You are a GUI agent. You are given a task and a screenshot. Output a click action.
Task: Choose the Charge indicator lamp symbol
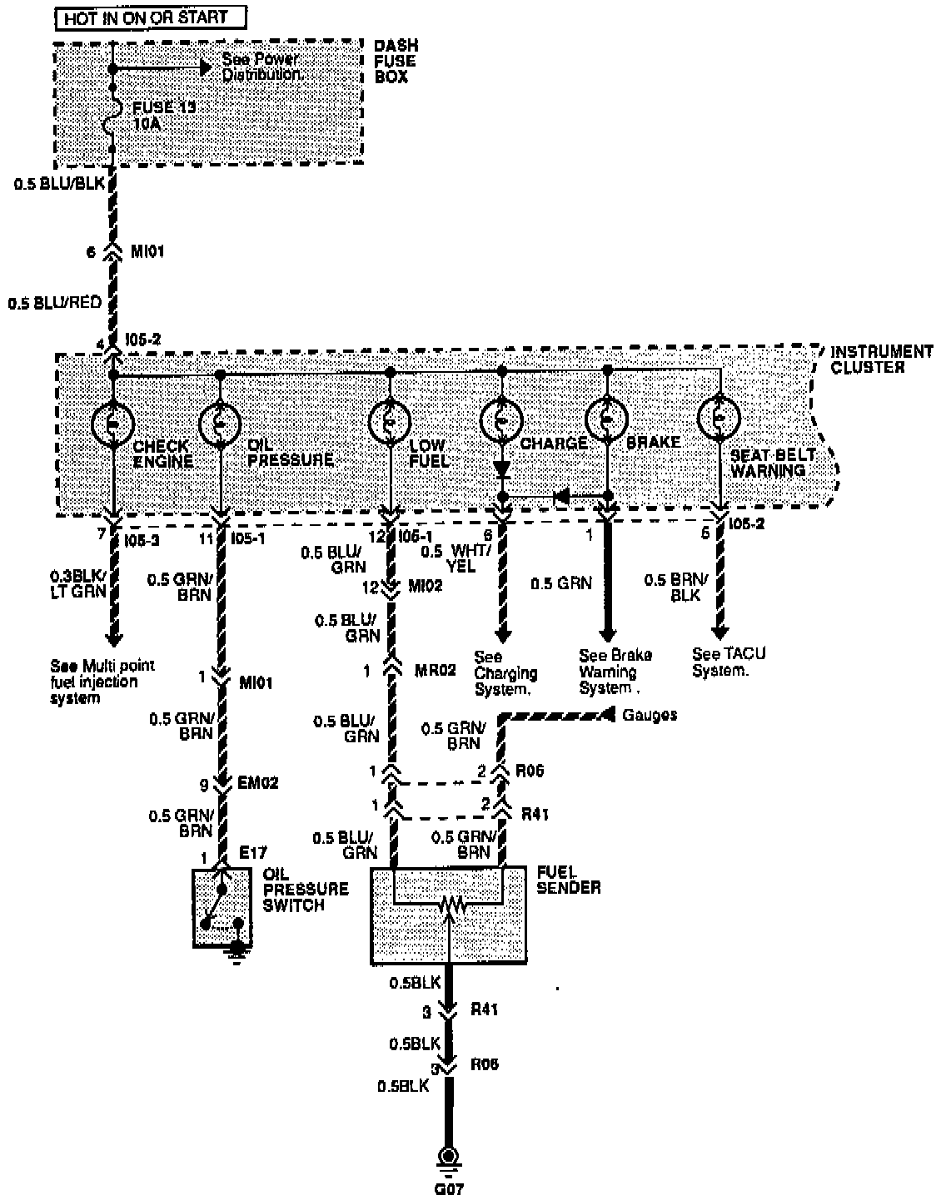point(501,422)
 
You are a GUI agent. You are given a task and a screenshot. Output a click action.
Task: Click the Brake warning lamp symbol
point(607,418)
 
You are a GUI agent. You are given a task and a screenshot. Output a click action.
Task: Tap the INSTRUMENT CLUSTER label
point(881,359)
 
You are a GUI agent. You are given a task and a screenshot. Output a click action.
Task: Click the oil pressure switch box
point(222,907)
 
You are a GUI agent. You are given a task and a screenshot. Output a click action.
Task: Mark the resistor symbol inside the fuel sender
point(449,902)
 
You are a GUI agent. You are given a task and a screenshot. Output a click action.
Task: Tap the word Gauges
point(650,715)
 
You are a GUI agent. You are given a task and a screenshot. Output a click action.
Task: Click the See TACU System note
point(728,662)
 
